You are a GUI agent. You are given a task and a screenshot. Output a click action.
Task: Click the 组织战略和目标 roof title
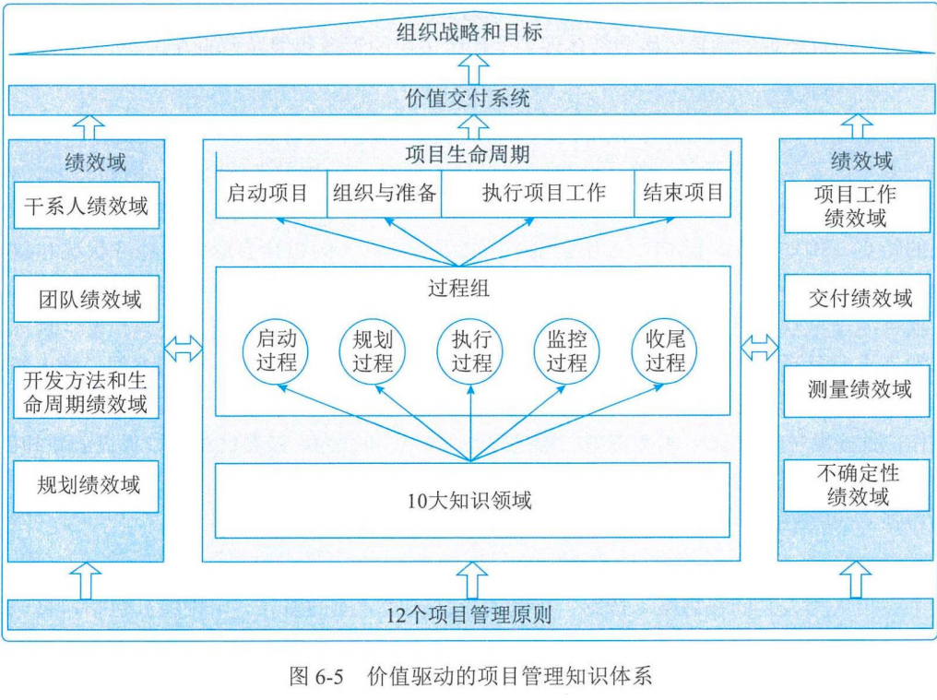468,33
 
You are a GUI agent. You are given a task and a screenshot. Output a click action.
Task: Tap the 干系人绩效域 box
86,207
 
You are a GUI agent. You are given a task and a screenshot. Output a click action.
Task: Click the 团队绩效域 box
86,299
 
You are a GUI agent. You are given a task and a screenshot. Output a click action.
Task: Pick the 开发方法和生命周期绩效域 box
86,392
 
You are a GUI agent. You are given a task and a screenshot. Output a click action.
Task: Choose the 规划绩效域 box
86,485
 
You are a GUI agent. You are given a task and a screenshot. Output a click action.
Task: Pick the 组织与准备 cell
384,194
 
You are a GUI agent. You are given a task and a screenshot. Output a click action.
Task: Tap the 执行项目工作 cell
537,194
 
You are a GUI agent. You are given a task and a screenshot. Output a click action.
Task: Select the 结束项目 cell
682,194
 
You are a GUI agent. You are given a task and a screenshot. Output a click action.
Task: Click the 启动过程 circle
276,351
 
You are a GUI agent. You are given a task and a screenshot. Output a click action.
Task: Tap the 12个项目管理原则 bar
468,614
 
